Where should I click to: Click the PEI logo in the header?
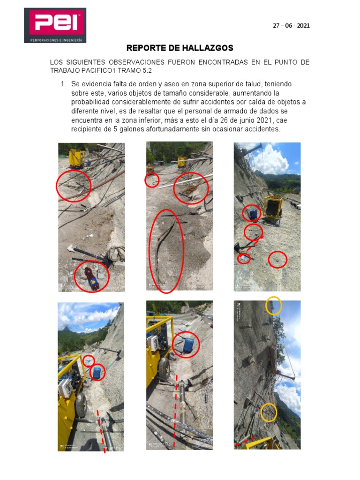[55, 25]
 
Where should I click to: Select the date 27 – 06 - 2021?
[291, 26]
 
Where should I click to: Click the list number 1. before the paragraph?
[62, 84]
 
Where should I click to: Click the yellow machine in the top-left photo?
[76, 158]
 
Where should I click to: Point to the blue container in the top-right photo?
[252, 214]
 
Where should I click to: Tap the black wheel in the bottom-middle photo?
[164, 368]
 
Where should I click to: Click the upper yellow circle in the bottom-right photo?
[273, 306]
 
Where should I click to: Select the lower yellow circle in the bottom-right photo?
[269, 412]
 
